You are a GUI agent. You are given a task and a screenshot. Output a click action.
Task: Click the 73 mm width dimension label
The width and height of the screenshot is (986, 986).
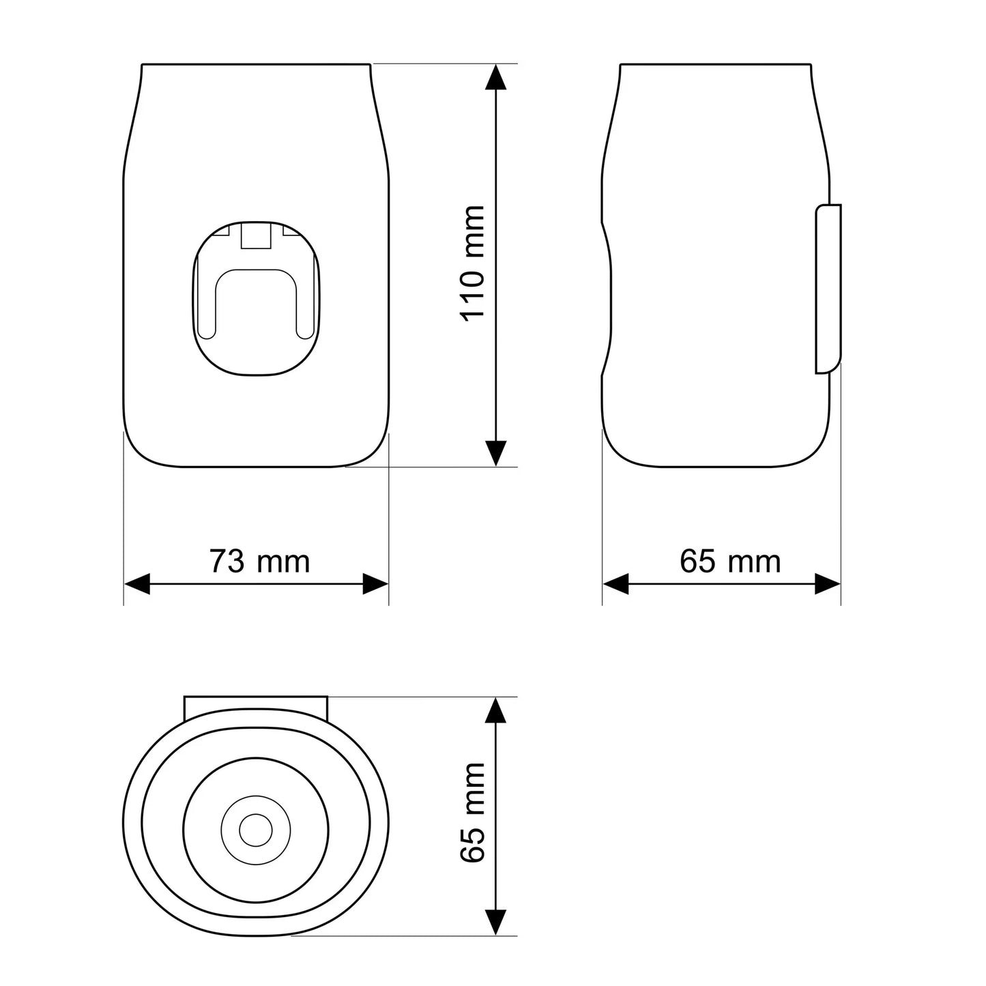(259, 562)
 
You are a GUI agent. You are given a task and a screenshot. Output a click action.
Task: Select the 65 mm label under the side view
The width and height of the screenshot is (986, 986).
(730, 562)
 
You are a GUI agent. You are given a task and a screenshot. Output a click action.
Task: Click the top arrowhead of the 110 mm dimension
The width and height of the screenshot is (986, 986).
(495, 76)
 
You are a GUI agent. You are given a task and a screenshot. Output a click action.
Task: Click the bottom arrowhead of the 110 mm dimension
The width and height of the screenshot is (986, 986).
(495, 453)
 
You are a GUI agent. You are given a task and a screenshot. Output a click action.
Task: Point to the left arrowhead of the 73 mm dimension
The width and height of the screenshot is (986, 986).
(137, 584)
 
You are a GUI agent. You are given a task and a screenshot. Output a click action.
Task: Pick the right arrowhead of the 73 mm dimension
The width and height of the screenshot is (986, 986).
(375, 584)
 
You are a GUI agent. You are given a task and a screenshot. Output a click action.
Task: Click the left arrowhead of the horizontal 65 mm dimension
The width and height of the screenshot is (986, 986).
(615, 584)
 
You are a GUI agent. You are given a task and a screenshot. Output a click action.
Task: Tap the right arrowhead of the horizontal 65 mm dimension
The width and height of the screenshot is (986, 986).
(828, 584)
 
